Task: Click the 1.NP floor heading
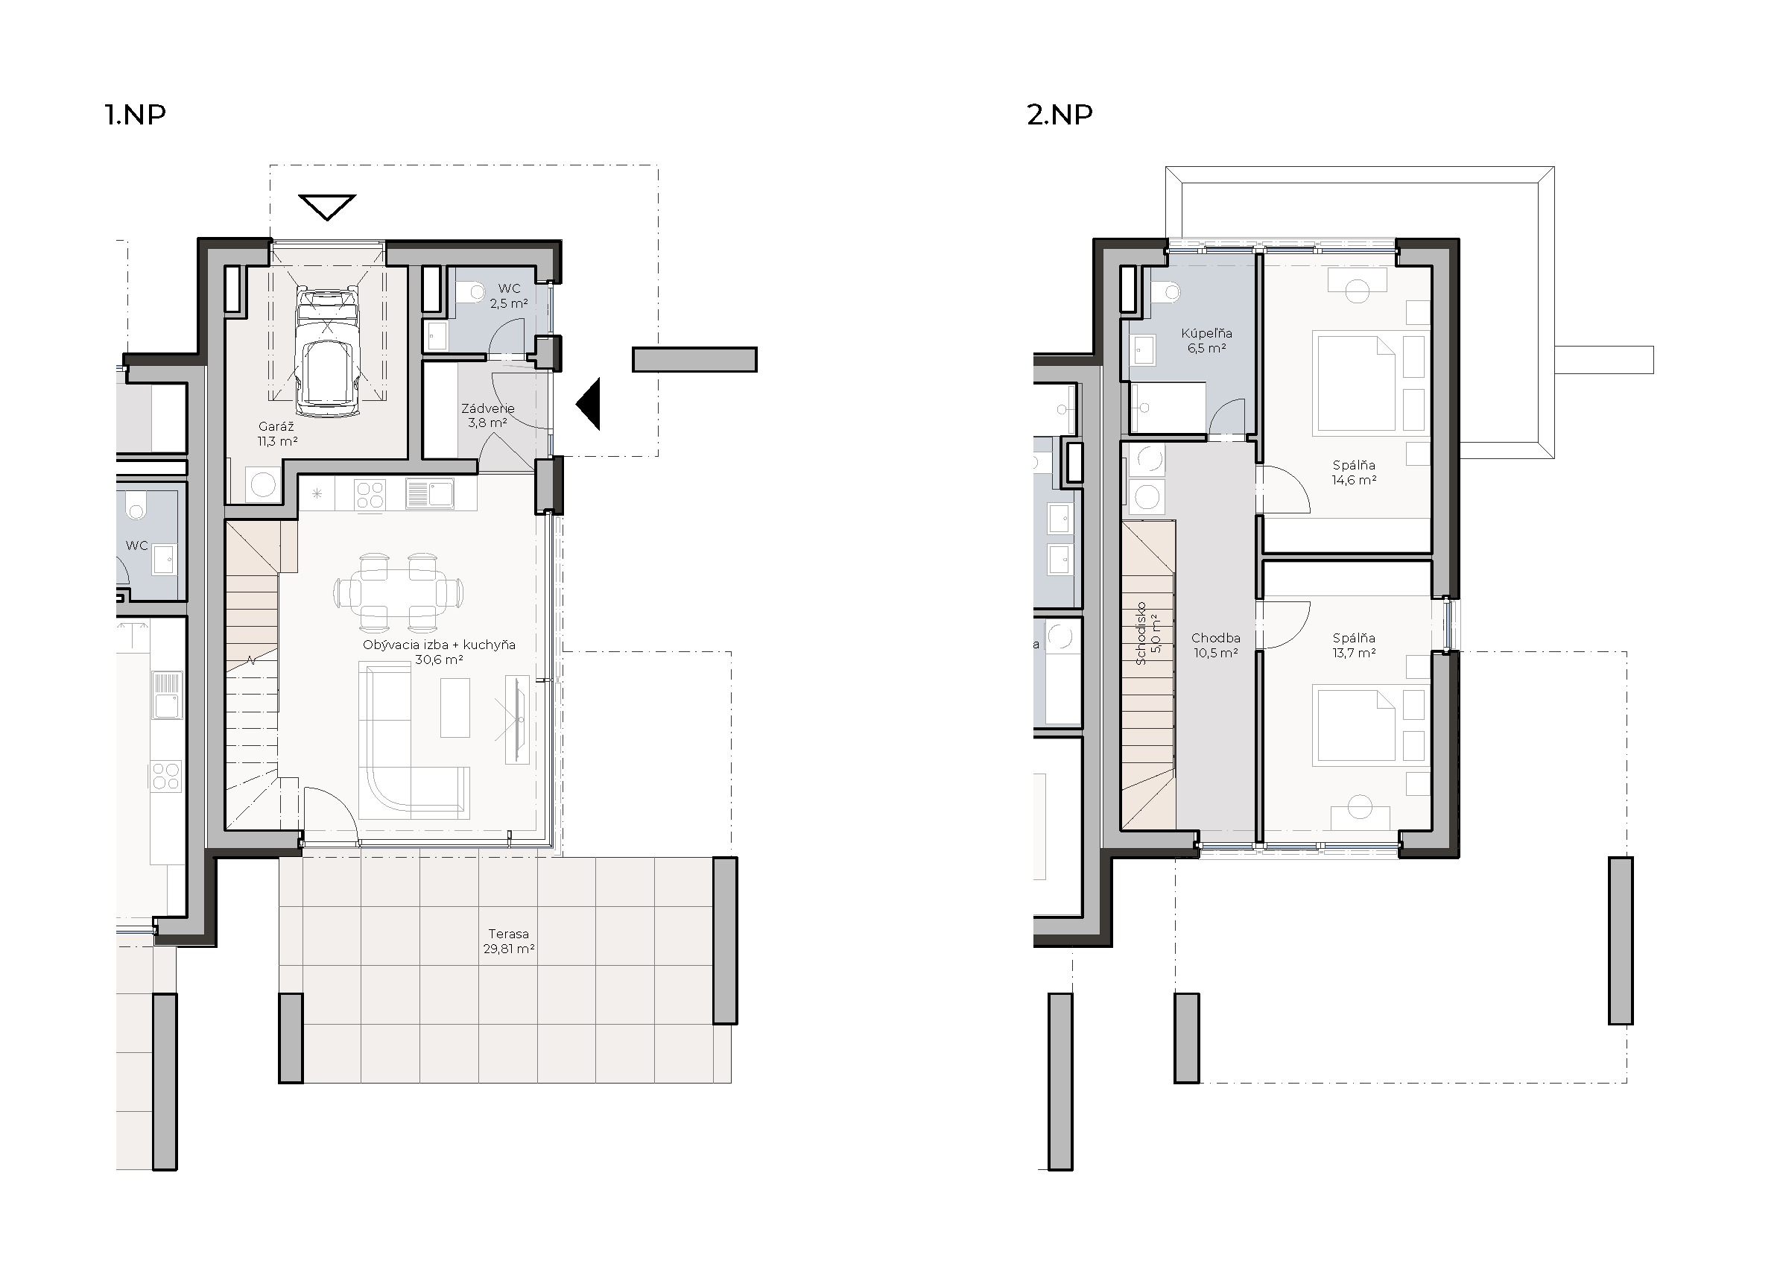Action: [x=135, y=115]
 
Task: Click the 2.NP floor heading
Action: [x=1060, y=115]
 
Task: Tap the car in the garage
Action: [x=327, y=352]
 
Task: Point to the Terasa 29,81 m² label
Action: [x=510, y=941]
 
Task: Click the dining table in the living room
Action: [x=399, y=592]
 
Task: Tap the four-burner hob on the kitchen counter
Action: [x=370, y=496]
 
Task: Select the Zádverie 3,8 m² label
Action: [x=487, y=415]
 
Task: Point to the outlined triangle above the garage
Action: [x=327, y=208]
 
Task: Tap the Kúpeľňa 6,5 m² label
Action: [x=1206, y=341]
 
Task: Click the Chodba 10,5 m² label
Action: [x=1216, y=645]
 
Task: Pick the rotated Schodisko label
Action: [x=1141, y=633]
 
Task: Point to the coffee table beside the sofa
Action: [x=455, y=708]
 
